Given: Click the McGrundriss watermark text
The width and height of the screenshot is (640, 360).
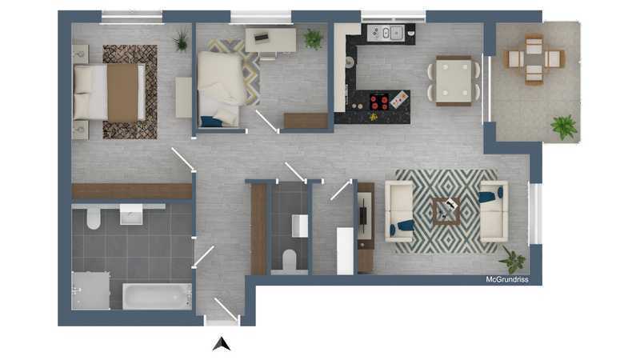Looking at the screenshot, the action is pos(507,279).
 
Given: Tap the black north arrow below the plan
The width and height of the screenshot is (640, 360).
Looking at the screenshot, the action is pos(222,344).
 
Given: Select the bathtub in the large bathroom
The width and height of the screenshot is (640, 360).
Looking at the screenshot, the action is pos(157,296).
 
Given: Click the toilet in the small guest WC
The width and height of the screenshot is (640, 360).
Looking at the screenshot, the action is pos(290,259).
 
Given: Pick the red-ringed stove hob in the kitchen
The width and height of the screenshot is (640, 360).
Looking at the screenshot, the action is pos(379,102).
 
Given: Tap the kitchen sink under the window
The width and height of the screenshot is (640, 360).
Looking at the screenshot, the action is pos(386,33).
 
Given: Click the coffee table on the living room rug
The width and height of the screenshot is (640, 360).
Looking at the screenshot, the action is pos(446,211).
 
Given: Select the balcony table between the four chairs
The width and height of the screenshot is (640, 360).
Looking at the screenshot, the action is pos(534,59).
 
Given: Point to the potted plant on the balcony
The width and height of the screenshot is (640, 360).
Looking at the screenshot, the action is pos(564,127).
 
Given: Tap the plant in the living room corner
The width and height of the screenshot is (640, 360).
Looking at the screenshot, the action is pos(513,259).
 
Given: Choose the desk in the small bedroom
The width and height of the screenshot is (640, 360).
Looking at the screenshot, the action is pos(270,40).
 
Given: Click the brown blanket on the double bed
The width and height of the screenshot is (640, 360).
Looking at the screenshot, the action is pos(122,92).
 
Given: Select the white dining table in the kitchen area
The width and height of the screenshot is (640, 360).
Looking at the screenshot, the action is pos(454,81).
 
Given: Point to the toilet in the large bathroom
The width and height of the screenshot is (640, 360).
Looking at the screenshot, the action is pos(94,217).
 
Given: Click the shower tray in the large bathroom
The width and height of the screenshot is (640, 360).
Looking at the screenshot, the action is pos(90,290).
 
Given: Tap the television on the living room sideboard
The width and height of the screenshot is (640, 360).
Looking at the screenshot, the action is pos(362,215).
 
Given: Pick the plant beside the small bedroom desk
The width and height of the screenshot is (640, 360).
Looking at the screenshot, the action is pos(313,38).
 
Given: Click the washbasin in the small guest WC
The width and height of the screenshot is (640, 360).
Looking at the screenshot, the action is pos(300,226).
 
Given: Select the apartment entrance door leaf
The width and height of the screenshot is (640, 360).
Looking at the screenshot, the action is pos(226,310).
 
